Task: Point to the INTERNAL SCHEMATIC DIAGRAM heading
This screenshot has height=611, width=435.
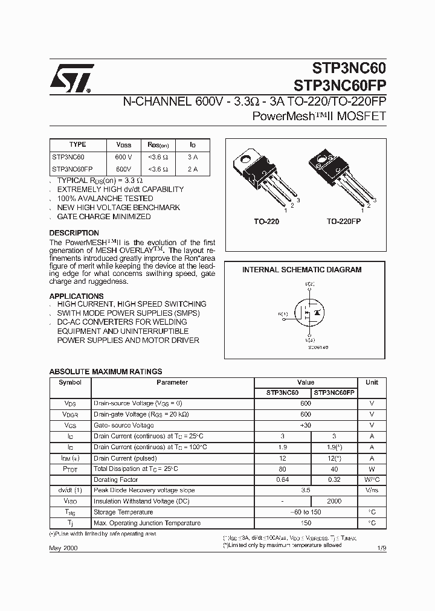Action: tap(301, 270)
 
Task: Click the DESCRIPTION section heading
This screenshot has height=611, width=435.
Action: tap(74, 233)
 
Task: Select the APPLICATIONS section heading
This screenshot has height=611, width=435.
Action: tap(76, 296)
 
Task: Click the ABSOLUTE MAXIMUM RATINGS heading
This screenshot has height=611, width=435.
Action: tap(105, 372)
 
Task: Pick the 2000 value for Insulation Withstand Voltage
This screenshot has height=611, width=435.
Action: tap(335, 501)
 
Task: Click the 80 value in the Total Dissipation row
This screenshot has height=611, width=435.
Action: tap(282, 469)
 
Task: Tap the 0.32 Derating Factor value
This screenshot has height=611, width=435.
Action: tap(335, 479)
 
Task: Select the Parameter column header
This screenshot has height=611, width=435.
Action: tap(172, 382)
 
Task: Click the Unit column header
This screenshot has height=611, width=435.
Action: tap(372, 382)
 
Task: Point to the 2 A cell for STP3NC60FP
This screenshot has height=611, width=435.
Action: tap(192, 169)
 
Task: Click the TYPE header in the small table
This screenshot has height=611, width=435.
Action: tap(78, 145)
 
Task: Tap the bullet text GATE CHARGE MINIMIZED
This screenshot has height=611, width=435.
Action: tap(104, 217)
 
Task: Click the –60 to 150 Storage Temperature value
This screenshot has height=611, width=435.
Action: tap(305, 512)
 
